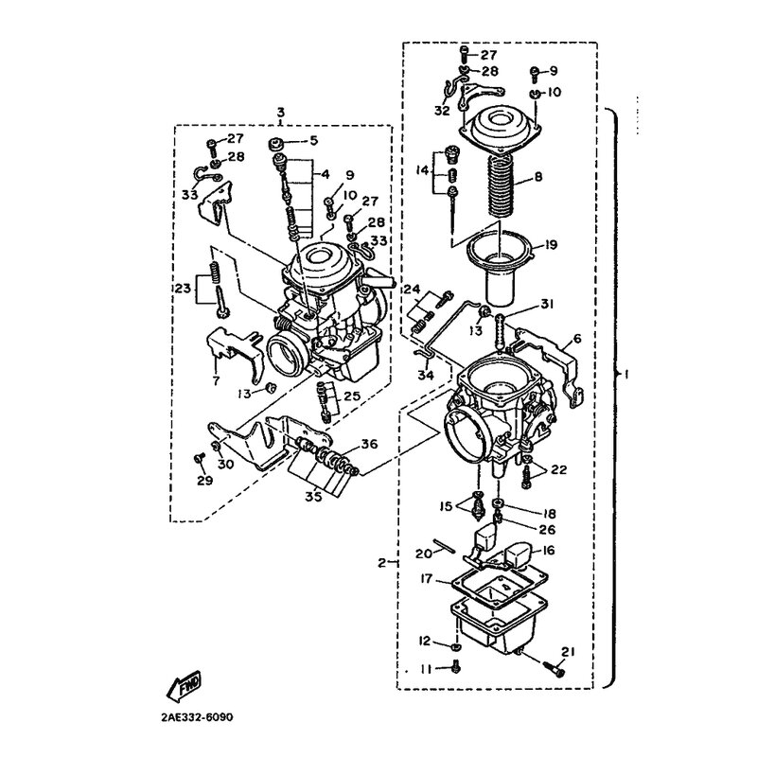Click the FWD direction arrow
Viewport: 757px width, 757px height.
(x=184, y=685)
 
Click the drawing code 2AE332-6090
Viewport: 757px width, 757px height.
(x=198, y=717)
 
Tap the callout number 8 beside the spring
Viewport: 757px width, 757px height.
(x=538, y=177)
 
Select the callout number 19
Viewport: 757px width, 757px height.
(x=551, y=245)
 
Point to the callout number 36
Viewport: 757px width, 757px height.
(x=369, y=444)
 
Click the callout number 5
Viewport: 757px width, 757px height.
(x=314, y=140)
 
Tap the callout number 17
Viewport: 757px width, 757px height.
(x=426, y=578)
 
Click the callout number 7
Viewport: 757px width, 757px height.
(x=216, y=381)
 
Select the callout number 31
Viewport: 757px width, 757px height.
(x=547, y=305)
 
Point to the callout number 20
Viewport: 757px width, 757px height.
(x=423, y=554)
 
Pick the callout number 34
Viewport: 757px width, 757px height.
(x=426, y=374)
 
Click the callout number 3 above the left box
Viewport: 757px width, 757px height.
(x=281, y=113)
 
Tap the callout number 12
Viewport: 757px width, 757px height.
(x=424, y=642)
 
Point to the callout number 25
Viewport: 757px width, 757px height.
(x=352, y=396)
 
